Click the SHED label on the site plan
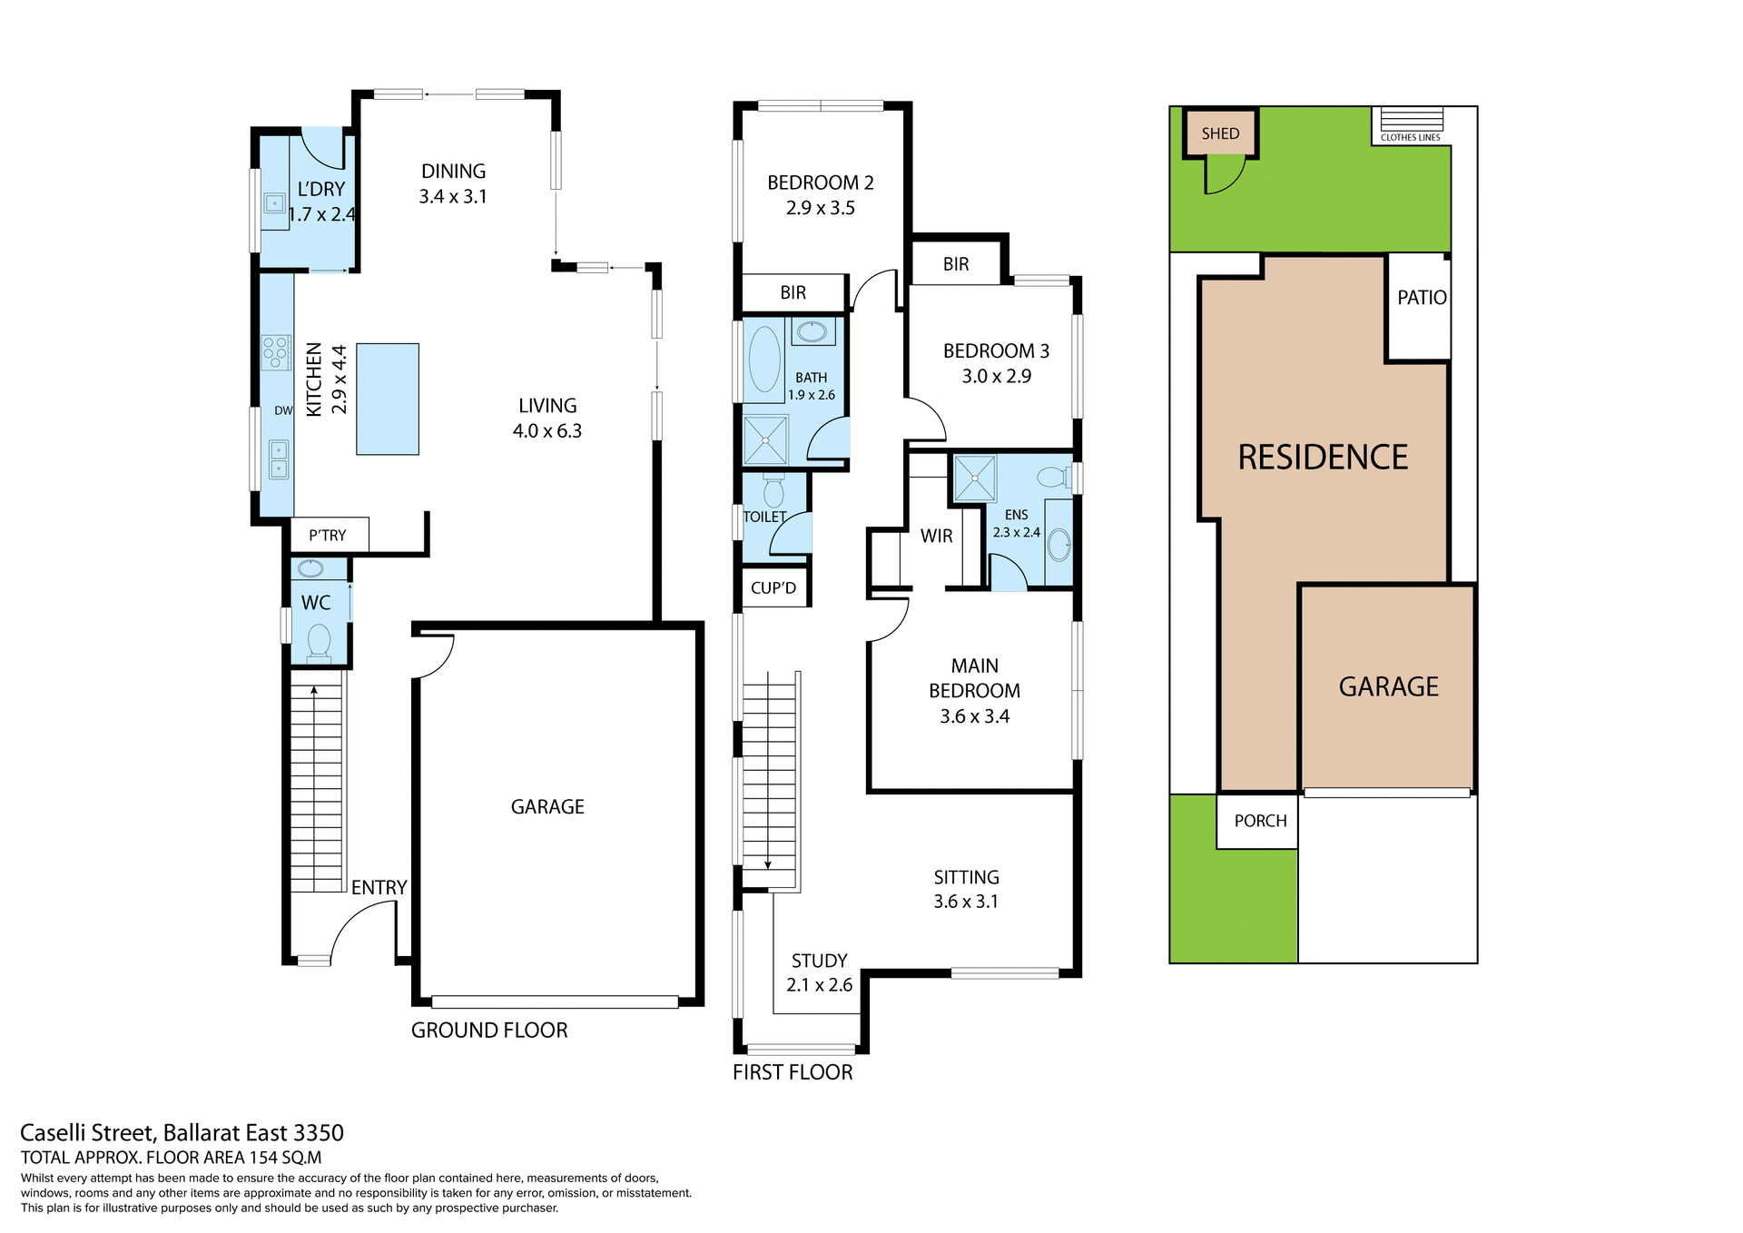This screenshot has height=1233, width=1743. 1219,133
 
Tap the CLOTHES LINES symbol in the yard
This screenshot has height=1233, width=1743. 1411,120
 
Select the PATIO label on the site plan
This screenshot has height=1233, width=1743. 1422,297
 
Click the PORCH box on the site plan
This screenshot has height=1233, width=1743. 1259,821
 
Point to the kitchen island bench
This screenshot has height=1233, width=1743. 388,399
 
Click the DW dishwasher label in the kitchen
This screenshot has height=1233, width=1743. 283,410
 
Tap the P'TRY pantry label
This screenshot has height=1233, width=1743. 327,536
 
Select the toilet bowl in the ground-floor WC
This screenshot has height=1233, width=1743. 319,640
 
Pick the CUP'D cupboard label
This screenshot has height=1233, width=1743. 773,587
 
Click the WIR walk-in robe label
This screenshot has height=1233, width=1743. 936,536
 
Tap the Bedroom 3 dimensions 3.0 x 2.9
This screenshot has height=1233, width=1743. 996,376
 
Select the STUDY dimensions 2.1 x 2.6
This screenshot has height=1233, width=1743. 819,984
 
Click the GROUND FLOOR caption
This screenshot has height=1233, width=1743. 489,1030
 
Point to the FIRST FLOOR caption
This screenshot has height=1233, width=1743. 793,1072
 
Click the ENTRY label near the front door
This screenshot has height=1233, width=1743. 379,887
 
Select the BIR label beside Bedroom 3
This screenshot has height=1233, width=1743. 955,264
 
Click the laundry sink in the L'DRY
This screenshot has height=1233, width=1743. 274,203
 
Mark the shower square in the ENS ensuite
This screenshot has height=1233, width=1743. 974,478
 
